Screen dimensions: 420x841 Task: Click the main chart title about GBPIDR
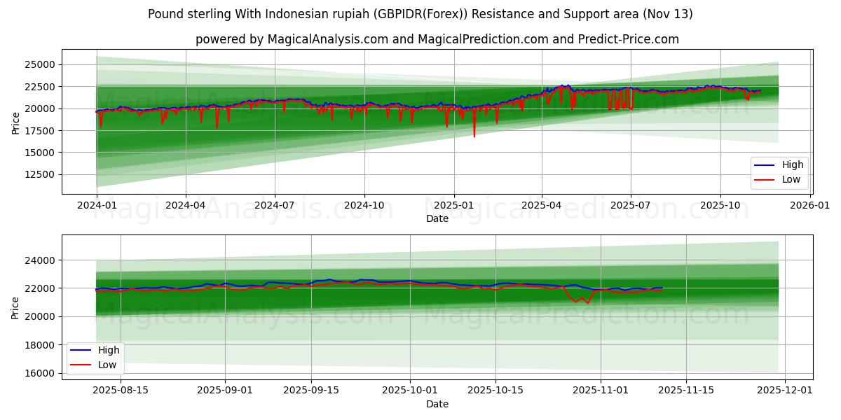click(x=420, y=14)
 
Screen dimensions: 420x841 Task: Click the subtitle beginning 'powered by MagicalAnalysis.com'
click(x=437, y=39)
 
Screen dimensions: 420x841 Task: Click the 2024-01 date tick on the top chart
click(x=96, y=206)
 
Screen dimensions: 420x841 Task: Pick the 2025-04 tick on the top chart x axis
click(x=542, y=206)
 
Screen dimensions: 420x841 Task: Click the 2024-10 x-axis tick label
click(x=364, y=206)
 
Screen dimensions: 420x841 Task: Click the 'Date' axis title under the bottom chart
click(x=437, y=404)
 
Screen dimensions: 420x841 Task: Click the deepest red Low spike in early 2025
click(x=474, y=136)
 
